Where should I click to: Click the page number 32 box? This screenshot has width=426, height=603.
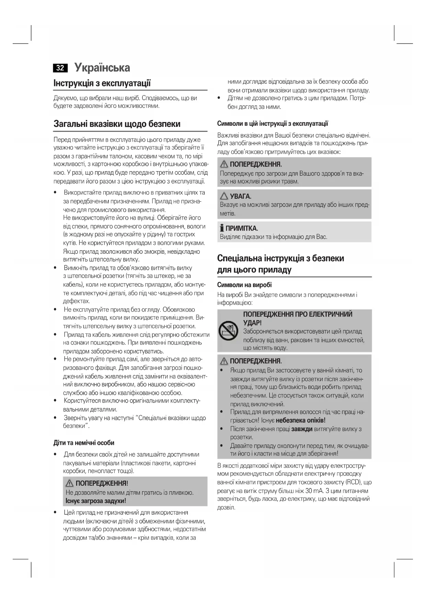(60, 68)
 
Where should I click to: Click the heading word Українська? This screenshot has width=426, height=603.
(102, 67)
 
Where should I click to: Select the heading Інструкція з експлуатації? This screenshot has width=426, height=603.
(102, 83)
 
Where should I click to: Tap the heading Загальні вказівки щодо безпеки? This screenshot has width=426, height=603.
(117, 124)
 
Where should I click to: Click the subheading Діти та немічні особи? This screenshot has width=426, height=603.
(84, 443)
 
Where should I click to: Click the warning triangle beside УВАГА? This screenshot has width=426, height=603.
(224, 196)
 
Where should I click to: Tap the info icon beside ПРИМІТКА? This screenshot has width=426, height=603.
(222, 228)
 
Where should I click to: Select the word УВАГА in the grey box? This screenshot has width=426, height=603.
(241, 197)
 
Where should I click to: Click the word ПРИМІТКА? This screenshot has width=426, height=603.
(242, 228)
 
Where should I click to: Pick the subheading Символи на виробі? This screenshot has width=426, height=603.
(244, 285)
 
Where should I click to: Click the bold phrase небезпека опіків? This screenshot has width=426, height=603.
(300, 420)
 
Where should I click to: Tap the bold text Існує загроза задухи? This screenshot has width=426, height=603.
(96, 501)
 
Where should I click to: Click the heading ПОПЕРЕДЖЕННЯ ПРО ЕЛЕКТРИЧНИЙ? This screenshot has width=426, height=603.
(298, 314)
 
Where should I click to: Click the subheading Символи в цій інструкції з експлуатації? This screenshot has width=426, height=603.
(273, 123)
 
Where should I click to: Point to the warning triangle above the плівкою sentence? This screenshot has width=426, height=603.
(70, 483)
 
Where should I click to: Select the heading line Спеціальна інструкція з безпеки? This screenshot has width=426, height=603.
(280, 258)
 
